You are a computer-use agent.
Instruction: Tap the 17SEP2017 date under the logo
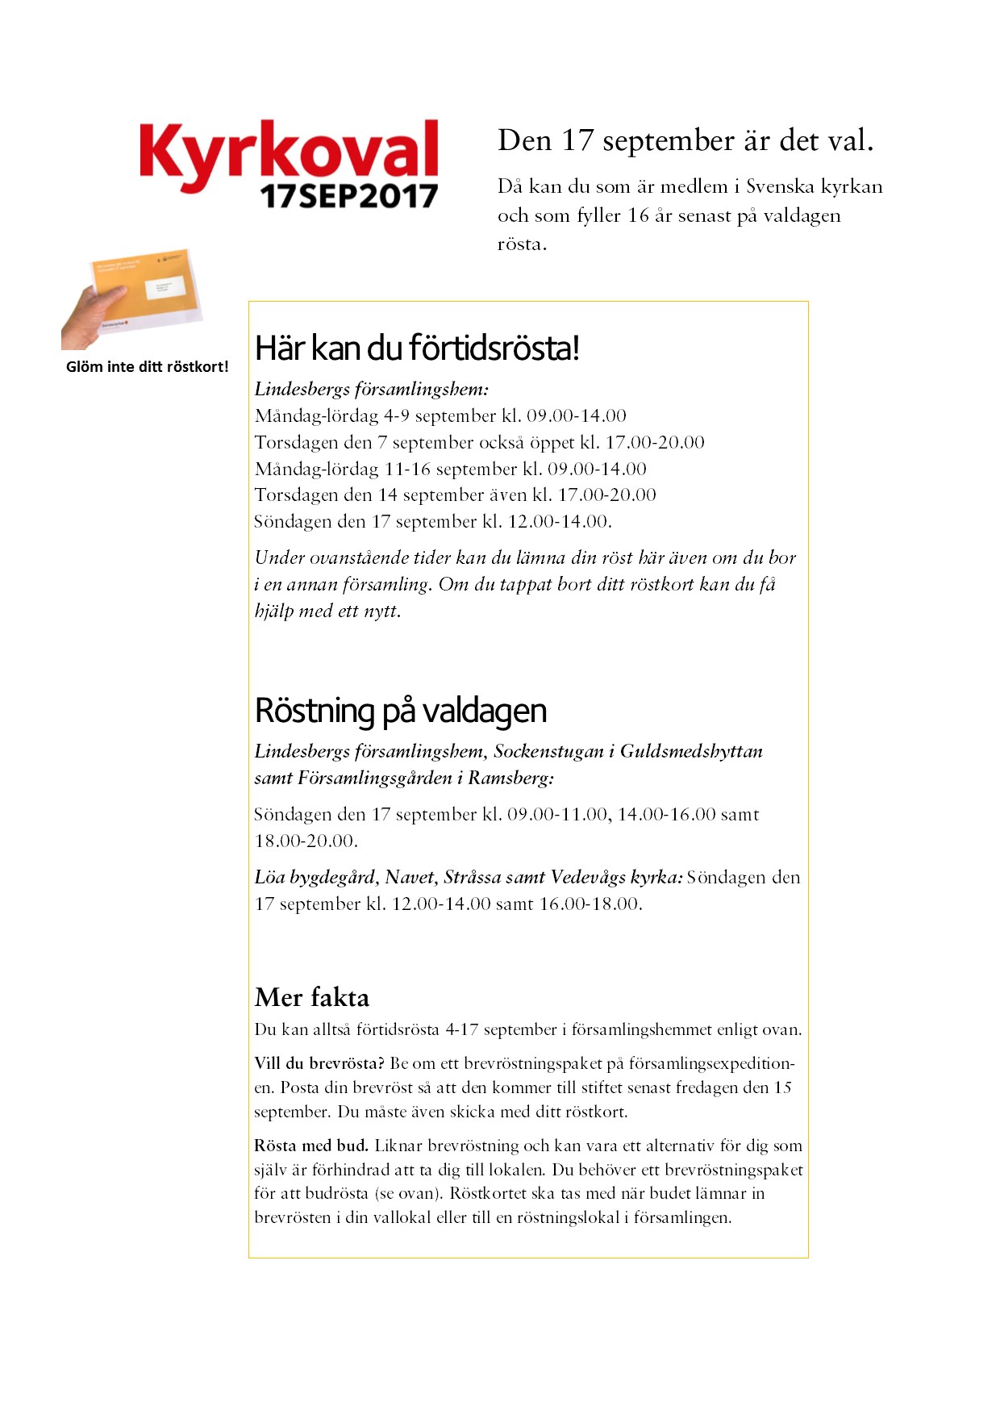[x=348, y=196]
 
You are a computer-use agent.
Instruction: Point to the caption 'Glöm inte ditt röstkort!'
[x=148, y=367]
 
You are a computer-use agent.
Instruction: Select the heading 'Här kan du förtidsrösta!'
[x=417, y=349]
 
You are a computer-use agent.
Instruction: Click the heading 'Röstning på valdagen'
[x=400, y=711]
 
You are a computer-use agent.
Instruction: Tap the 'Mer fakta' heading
[x=311, y=998]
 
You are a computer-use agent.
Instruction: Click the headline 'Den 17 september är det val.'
[x=685, y=141]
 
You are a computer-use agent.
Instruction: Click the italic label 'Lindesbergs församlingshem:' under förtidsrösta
[x=371, y=390]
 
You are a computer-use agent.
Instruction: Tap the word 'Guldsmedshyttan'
[x=691, y=752]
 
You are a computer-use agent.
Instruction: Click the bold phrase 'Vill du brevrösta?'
[x=319, y=1063]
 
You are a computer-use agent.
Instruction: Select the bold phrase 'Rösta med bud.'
[x=310, y=1146]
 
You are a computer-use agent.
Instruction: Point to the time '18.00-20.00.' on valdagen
[x=306, y=841]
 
